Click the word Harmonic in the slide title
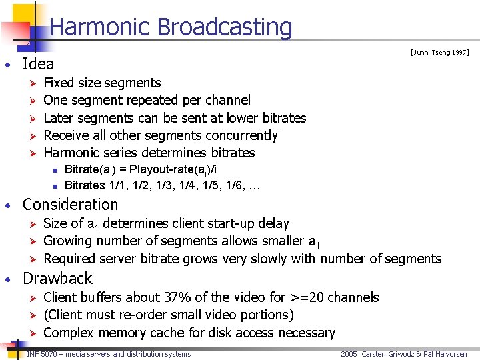tap(101, 27)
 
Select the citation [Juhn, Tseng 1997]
tap(439, 52)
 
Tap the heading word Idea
tap(38, 64)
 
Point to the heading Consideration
tap(70, 205)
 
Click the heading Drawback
tap(57, 278)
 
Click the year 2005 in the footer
tap(349, 353)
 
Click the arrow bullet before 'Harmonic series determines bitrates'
tap(29, 153)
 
